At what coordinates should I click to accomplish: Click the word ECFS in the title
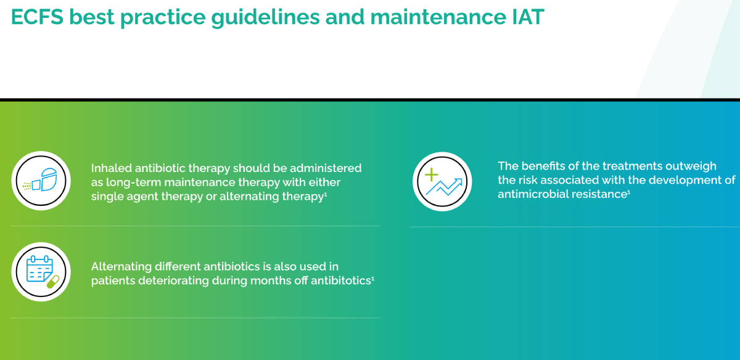[x=37, y=17]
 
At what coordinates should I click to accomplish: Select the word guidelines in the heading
[x=266, y=18]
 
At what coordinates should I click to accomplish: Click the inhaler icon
[x=41, y=181]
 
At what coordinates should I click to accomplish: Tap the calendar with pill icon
[x=41, y=271]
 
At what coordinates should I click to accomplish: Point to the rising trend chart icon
[x=442, y=181]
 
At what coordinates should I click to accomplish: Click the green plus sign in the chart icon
[x=431, y=174]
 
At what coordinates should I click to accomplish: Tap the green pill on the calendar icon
[x=53, y=282]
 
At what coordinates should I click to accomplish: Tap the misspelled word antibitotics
[x=340, y=280]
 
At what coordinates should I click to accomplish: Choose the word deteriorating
[x=173, y=280]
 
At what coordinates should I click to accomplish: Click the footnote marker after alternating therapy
[x=326, y=194]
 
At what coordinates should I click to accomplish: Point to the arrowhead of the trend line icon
[x=459, y=181]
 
